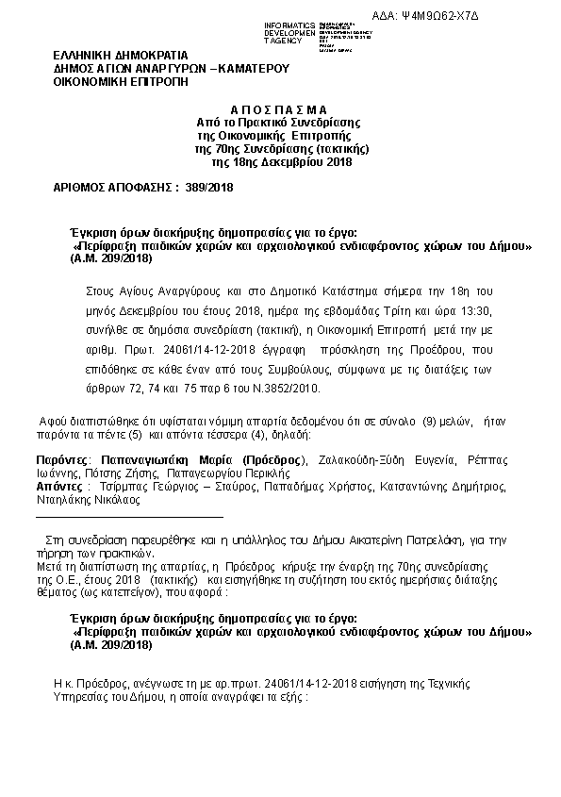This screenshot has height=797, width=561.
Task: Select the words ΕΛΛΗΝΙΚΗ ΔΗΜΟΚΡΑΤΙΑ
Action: pos(121,55)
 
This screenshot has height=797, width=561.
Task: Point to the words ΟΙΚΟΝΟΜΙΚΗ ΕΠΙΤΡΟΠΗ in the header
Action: pos(121,82)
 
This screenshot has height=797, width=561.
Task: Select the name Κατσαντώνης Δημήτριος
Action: pos(442,488)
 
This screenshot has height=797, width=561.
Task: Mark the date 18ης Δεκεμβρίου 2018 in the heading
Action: pos(282,162)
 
